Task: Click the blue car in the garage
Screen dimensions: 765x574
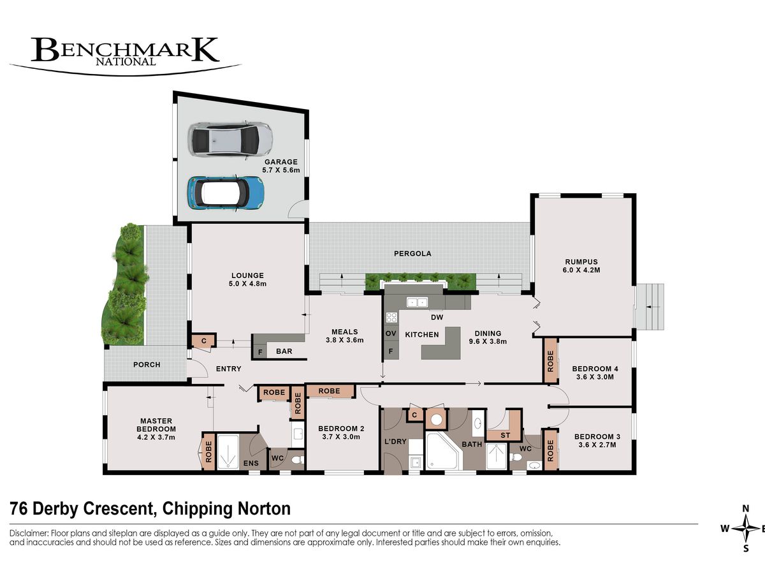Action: [x=226, y=193]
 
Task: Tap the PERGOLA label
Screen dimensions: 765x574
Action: [x=412, y=254]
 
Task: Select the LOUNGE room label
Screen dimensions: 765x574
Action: [x=247, y=276]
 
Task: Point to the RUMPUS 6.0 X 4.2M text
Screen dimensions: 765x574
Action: [x=581, y=266]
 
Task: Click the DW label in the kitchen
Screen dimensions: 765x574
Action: [x=437, y=317]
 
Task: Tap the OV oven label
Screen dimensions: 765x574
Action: [x=391, y=334]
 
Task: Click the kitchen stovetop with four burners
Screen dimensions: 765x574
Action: [x=391, y=317]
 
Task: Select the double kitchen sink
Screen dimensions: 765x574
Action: [x=418, y=302]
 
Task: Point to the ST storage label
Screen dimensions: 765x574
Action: [x=505, y=435]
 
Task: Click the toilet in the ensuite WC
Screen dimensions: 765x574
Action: [x=298, y=460]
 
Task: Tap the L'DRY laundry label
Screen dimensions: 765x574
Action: [x=395, y=441]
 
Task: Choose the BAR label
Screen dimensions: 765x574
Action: [x=284, y=351]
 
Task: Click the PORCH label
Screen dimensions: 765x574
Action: [x=147, y=365]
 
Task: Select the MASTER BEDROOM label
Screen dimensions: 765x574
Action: [x=156, y=425]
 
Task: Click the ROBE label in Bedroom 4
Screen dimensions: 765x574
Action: [x=550, y=362]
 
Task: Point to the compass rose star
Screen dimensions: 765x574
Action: [x=745, y=529]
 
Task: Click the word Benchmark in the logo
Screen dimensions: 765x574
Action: [x=125, y=50]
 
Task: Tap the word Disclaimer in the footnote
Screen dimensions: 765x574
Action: [x=29, y=533]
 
